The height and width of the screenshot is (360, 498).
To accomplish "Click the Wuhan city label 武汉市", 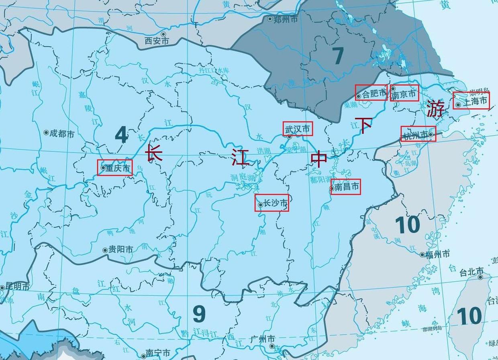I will [298, 129].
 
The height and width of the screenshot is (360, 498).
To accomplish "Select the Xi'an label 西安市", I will [157, 41].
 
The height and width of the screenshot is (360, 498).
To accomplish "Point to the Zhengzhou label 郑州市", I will [285, 19].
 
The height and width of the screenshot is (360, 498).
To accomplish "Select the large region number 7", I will [338, 56].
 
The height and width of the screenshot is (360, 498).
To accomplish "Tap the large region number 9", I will [199, 314].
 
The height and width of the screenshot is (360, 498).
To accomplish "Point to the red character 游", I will [435, 108].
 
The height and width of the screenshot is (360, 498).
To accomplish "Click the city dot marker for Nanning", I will [143, 356].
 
